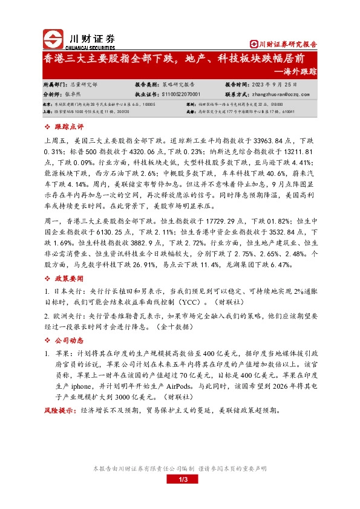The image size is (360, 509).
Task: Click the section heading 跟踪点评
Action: tap(67, 128)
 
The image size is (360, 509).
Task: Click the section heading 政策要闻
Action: tap(67, 279)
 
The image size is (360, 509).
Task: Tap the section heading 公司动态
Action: tap(67, 340)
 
